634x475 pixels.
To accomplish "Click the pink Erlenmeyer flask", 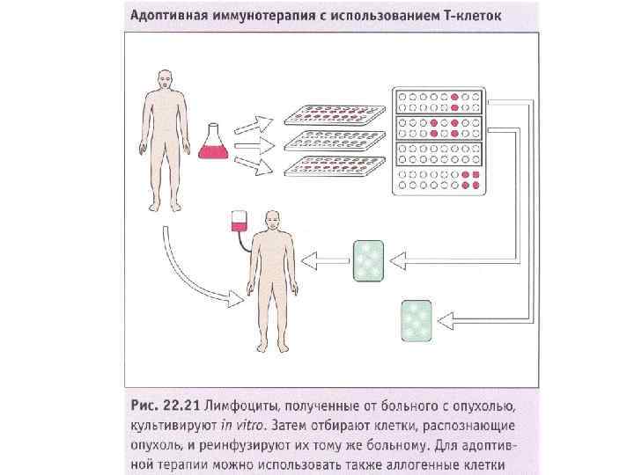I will click(212, 142).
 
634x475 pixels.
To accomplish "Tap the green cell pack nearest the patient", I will click(367, 261).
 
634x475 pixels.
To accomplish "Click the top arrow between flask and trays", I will click(258, 121).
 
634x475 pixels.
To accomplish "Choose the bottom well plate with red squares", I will click(437, 180).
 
